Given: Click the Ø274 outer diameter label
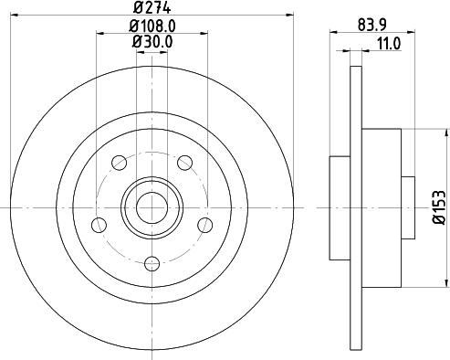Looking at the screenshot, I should pos(152,8).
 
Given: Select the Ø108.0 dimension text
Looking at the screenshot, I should pos(152,25).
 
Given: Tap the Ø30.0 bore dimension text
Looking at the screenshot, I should pos(152,40).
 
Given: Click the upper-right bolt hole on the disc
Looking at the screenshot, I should pos(185,163).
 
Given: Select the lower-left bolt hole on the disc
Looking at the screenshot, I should pos(98,228).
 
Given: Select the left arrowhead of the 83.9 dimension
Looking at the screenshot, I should pos(332,32).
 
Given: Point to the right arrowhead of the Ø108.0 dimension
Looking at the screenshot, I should pos(205,32).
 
